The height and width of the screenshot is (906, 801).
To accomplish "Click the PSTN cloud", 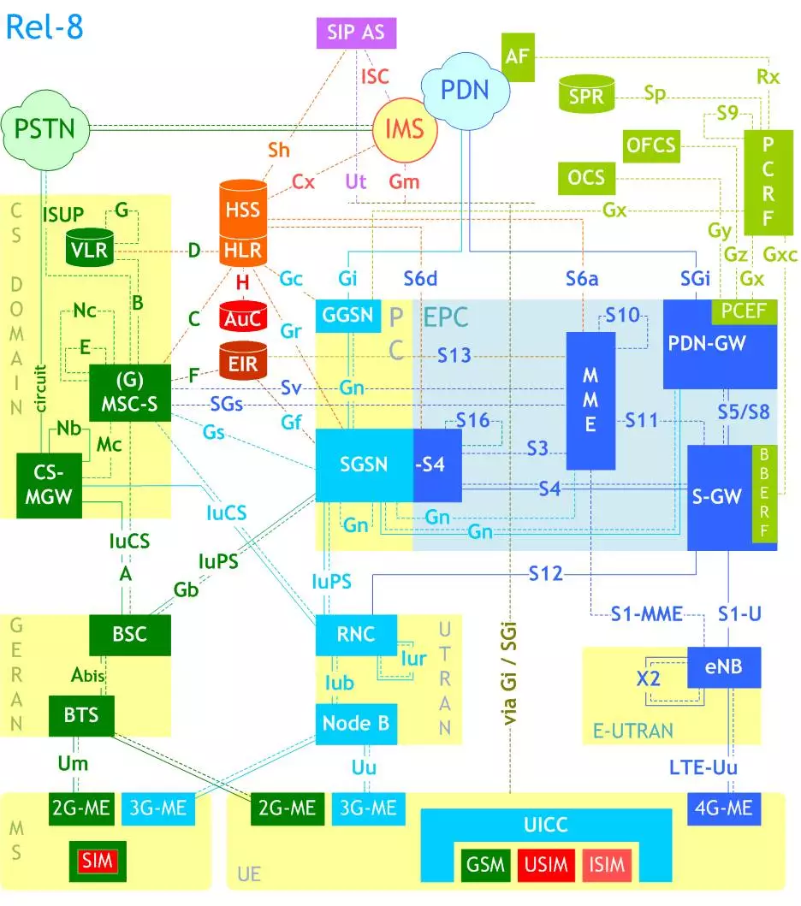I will click(44, 128).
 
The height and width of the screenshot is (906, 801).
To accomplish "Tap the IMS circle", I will click(405, 129).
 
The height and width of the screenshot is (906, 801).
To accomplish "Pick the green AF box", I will click(517, 56).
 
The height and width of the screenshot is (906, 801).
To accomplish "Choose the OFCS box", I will click(650, 145).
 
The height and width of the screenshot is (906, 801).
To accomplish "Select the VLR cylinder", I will click(88, 248).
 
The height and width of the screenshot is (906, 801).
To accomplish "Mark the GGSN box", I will click(348, 315).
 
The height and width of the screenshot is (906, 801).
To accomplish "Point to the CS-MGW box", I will click(49, 486).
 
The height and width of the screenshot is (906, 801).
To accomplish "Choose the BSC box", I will click(129, 634).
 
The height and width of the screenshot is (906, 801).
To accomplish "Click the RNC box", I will click(356, 634).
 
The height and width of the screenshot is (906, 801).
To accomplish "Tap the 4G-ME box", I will click(724, 808).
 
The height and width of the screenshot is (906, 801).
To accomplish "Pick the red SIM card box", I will click(98, 860).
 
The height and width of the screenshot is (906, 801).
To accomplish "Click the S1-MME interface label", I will click(646, 613).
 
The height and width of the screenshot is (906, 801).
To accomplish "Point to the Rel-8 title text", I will click(44, 27).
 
